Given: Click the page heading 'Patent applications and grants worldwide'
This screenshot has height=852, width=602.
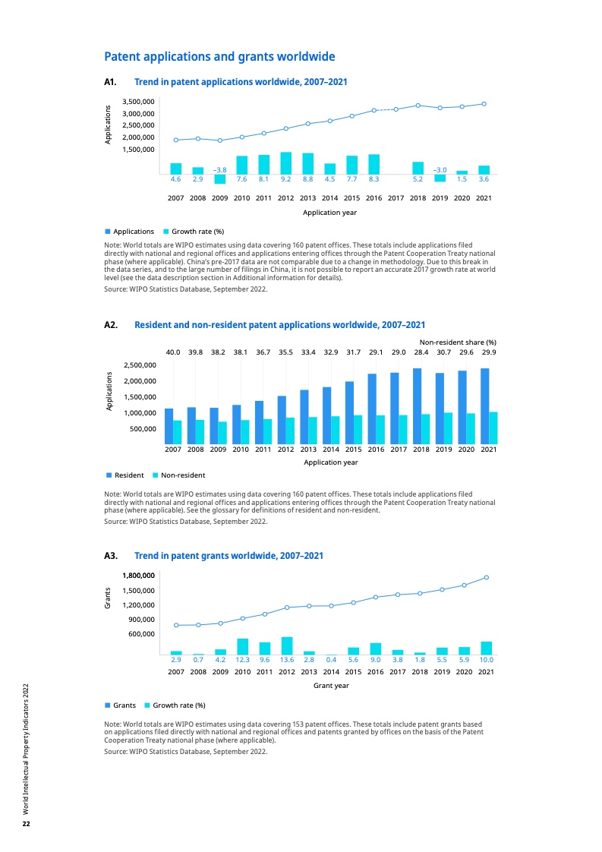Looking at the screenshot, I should (x=219, y=57).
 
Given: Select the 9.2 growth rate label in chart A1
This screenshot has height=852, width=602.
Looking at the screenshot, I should (x=285, y=179).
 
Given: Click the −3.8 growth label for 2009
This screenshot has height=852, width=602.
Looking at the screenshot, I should (x=219, y=169).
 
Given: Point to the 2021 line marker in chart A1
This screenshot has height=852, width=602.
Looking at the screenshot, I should (x=484, y=104).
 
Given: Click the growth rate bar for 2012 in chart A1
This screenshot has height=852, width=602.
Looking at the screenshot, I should (x=285, y=163).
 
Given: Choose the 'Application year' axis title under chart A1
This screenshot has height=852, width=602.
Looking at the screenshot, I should (x=329, y=213).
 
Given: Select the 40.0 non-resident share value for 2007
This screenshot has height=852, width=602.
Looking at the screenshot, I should (x=173, y=352).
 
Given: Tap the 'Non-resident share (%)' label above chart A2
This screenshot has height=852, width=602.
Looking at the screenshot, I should (x=458, y=342).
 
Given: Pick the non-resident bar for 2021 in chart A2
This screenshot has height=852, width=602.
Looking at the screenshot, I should (x=493, y=428).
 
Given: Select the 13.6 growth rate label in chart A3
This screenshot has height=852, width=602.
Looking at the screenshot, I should (x=286, y=661).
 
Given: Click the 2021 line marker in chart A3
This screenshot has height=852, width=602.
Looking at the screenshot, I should (x=486, y=578).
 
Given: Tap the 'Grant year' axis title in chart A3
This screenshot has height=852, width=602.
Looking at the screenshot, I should (x=331, y=686).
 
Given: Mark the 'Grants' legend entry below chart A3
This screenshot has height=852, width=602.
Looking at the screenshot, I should (x=124, y=705).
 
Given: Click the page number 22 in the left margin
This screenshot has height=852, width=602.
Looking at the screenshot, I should (x=26, y=824).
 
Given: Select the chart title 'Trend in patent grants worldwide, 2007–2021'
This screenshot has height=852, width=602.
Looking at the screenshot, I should (x=229, y=556).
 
